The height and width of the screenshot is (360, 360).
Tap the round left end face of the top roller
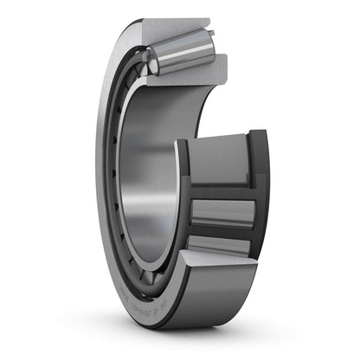152,61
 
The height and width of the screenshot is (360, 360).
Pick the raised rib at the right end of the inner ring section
219,62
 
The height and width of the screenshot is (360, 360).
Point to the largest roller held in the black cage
221,159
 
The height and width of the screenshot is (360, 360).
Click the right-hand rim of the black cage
258,190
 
